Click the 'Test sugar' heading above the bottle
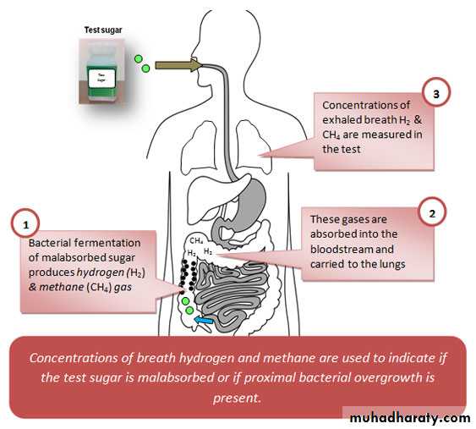tap(103, 30)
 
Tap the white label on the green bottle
tap(102, 79)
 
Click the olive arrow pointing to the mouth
tap(178, 65)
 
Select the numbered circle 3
tap(436, 94)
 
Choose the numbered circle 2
tap(432, 213)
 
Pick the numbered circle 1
tap(26, 225)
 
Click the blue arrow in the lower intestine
tap(204, 320)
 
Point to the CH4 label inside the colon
tap(196, 241)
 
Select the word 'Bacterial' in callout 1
tap(50, 243)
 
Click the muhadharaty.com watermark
tap(410, 418)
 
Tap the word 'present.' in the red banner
tap(237, 398)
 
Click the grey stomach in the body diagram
tap(250, 201)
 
